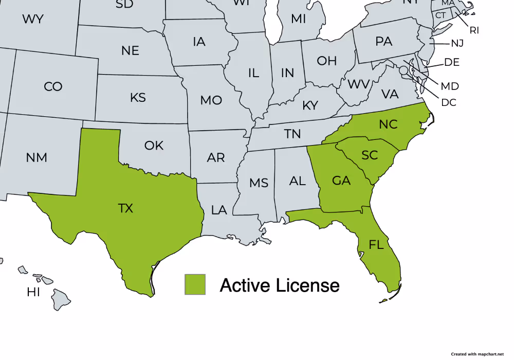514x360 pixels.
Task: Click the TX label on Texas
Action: (x=125, y=208)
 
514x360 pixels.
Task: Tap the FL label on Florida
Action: (x=376, y=244)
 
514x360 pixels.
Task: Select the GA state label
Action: (x=341, y=181)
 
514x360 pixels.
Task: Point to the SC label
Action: (x=370, y=155)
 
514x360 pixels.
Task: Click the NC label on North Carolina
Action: (x=388, y=124)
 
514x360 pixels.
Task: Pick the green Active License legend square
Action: (x=195, y=284)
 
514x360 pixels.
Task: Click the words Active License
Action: (x=280, y=285)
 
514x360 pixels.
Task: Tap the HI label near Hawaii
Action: (x=33, y=293)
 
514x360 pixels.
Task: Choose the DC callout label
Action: (x=449, y=102)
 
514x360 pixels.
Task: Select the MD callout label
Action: (x=450, y=86)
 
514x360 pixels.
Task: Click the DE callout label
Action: (x=452, y=63)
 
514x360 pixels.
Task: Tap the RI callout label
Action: (x=474, y=30)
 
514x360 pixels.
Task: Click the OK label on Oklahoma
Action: (x=154, y=146)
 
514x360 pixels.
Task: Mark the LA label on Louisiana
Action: (x=219, y=210)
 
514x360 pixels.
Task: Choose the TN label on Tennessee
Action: (x=292, y=134)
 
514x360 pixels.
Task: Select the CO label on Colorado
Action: (x=53, y=86)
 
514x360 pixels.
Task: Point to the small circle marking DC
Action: (x=404, y=69)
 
